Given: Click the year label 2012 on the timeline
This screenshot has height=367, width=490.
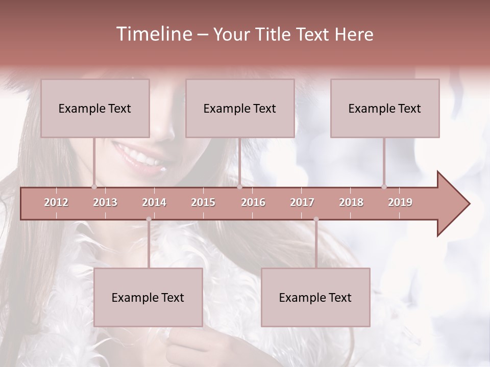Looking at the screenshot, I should click(x=56, y=202).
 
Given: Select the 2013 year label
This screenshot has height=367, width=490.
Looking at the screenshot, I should click(x=105, y=202).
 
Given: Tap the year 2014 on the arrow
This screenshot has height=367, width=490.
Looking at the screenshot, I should click(x=154, y=202).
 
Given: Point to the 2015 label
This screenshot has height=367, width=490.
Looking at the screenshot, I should click(x=203, y=202).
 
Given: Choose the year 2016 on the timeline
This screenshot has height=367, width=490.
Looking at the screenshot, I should click(x=253, y=202).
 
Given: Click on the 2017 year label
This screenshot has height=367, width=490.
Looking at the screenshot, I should click(x=302, y=202).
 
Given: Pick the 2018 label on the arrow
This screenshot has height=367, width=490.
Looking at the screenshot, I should click(x=351, y=202).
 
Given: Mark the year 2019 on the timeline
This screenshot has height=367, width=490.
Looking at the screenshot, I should click(x=400, y=202).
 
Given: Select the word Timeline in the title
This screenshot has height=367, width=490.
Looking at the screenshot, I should click(x=153, y=34).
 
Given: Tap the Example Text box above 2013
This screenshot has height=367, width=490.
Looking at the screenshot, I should click(x=95, y=108).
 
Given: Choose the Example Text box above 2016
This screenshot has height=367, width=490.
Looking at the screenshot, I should click(x=240, y=108).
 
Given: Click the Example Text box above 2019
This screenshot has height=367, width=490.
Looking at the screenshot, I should click(x=385, y=108).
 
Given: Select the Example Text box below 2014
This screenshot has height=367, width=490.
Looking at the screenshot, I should click(x=148, y=297).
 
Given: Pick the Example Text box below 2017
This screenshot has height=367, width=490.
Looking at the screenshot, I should click(x=315, y=297).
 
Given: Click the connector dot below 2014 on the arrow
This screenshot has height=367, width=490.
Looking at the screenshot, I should click(x=149, y=219).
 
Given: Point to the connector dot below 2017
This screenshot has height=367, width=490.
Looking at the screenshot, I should click(x=316, y=219).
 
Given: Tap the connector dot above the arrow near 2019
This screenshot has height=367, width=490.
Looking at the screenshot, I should click(x=384, y=187).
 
